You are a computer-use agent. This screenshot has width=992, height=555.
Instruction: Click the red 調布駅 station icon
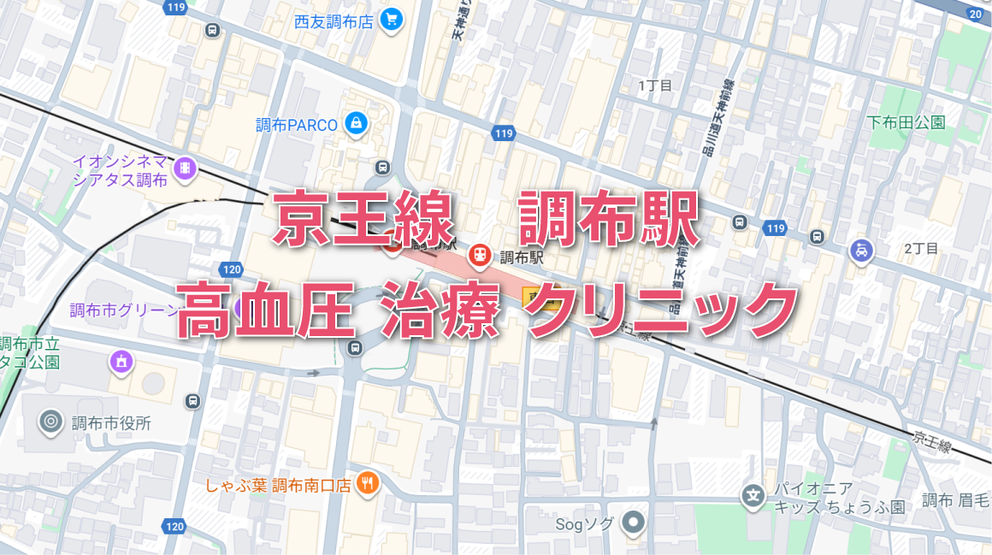tap(480, 255)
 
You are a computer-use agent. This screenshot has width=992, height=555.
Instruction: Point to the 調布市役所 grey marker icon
tap(51, 422)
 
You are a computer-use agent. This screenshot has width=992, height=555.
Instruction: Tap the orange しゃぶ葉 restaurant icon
tap(369, 484)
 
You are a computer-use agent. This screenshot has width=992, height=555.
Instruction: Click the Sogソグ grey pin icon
tap(633, 522)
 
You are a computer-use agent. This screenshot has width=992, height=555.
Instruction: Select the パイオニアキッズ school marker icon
tap(753, 495)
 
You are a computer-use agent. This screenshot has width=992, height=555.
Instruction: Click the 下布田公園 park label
tap(906, 122)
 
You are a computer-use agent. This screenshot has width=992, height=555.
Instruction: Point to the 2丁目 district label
tap(921, 249)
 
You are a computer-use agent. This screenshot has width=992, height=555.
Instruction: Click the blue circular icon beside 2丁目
tap(860, 251)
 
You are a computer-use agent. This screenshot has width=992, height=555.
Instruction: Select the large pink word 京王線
tap(363, 220)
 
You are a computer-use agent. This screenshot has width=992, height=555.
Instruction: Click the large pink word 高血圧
tap(265, 310)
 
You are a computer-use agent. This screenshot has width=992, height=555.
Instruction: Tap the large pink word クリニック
tap(659, 310)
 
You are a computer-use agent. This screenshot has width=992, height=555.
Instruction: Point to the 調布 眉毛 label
tap(956, 499)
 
